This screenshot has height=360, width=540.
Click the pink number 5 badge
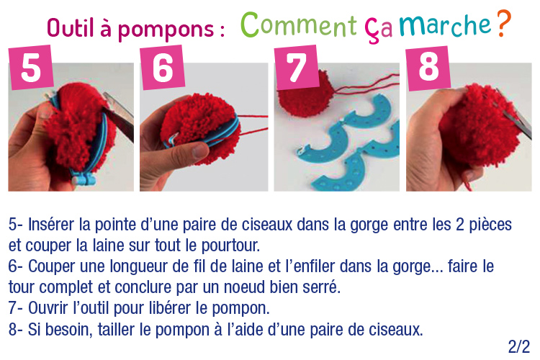(32, 67)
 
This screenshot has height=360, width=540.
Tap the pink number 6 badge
(162, 67)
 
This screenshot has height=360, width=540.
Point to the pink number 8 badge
(428, 68)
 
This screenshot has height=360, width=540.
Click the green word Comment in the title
(299, 24)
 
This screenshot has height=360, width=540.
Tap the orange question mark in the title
(504, 24)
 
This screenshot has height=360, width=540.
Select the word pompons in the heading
(166, 30)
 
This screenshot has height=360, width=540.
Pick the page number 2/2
(518, 346)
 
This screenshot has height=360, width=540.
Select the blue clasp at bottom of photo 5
(84, 179)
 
